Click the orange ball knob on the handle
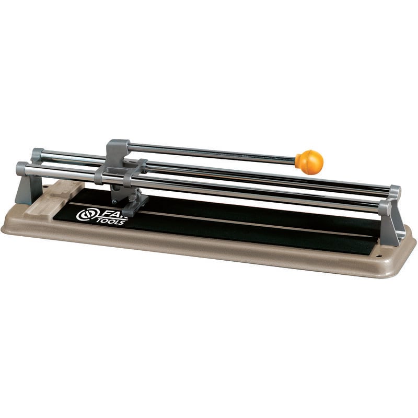[309, 161]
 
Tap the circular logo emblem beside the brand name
[85, 214]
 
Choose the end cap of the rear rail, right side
[394, 192]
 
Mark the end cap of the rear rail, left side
[37, 155]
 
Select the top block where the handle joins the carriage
[118, 149]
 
